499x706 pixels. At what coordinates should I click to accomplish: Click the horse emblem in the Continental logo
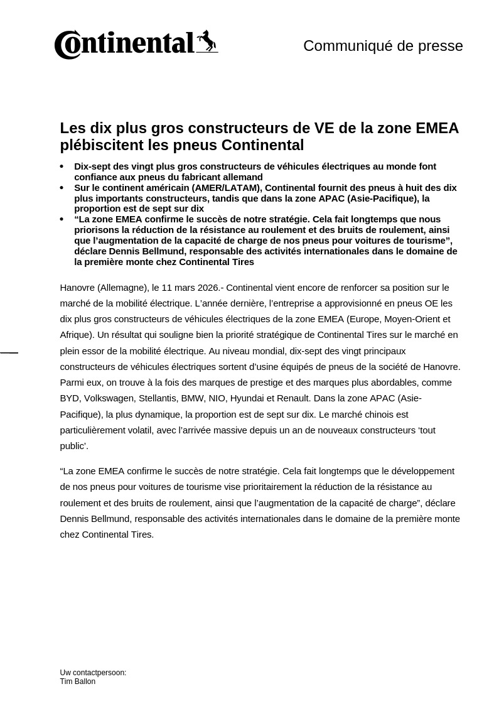pyautogui.click(x=207, y=41)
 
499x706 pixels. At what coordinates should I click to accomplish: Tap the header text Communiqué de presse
pyautogui.click(x=383, y=46)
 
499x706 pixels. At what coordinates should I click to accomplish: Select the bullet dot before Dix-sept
pyautogui.click(x=62, y=167)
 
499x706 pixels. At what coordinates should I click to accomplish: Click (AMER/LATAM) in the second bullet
pyautogui.click(x=225, y=188)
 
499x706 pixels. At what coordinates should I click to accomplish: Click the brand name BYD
pyautogui.click(x=69, y=398)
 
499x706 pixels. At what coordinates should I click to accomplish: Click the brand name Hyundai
pyautogui.click(x=250, y=398)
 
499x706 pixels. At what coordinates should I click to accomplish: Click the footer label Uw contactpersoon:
pyautogui.click(x=93, y=673)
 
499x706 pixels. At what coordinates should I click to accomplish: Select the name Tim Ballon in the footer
pyautogui.click(x=78, y=682)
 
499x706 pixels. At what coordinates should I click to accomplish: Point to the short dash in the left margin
pyautogui.click(x=9, y=353)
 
